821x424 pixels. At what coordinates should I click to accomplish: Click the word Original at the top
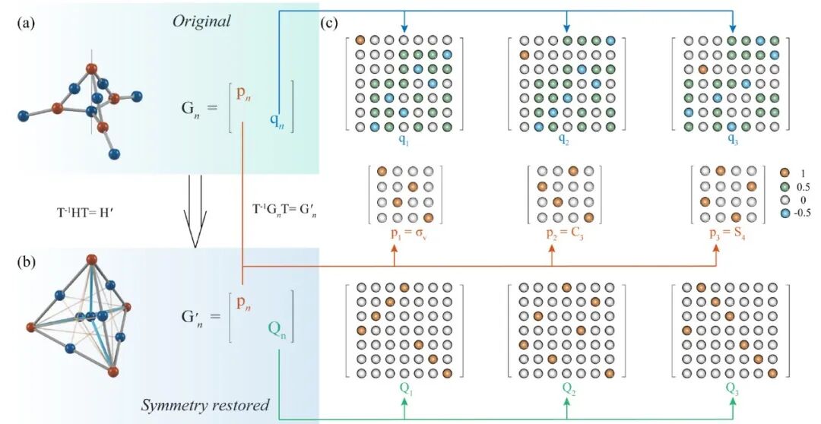point(201,21)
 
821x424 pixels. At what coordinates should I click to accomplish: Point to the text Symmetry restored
point(205,405)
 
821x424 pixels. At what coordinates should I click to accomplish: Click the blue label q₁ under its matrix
point(404,141)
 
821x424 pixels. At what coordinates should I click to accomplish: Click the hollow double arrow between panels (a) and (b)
point(194,211)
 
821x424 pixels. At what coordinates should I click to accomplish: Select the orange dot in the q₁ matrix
point(360,40)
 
